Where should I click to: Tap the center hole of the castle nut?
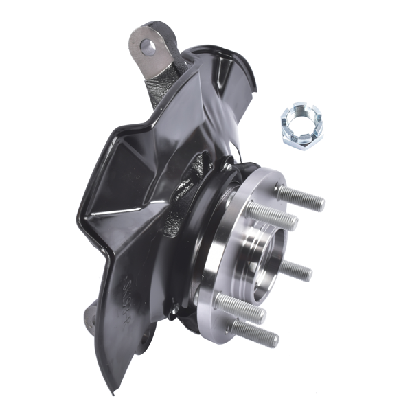(298, 124)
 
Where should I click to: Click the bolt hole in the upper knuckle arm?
(148, 47)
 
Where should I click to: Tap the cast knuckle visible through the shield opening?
(189, 185)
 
